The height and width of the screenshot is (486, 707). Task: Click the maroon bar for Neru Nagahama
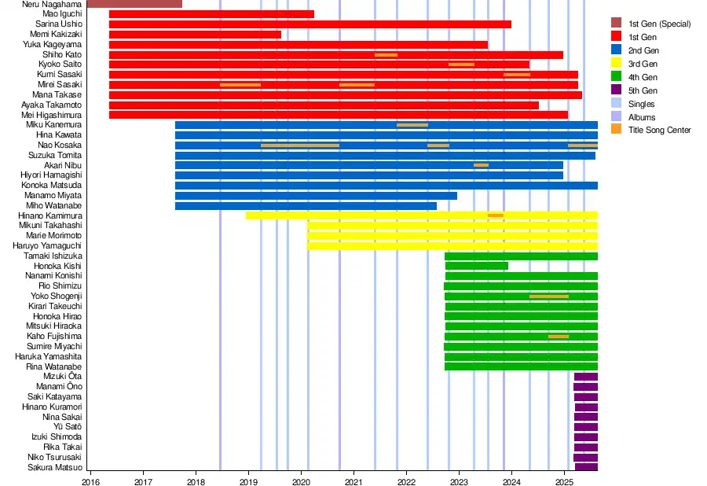point(134,4)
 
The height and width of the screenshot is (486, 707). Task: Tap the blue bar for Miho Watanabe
point(306,206)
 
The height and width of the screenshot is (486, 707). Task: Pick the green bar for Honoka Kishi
point(476,266)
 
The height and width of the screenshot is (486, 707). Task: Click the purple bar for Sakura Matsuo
point(586,467)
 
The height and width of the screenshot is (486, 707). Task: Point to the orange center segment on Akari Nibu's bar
point(481,165)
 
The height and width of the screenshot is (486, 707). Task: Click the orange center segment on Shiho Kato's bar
point(386,55)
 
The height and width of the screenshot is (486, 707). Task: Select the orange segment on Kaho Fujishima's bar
point(559,337)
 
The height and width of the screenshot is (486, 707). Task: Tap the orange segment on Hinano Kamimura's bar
point(496,215)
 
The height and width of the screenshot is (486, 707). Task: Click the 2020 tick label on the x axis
point(302,481)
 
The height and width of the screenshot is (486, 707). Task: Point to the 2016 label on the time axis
point(91,481)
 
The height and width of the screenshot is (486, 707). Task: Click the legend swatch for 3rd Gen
point(617,64)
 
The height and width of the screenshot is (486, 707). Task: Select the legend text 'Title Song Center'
point(659,131)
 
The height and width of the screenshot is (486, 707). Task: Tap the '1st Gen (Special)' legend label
point(659,24)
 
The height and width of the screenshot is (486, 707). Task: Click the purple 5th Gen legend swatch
point(617,90)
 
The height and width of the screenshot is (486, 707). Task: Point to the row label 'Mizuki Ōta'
point(62,377)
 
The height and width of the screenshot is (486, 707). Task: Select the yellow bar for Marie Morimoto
point(452,236)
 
